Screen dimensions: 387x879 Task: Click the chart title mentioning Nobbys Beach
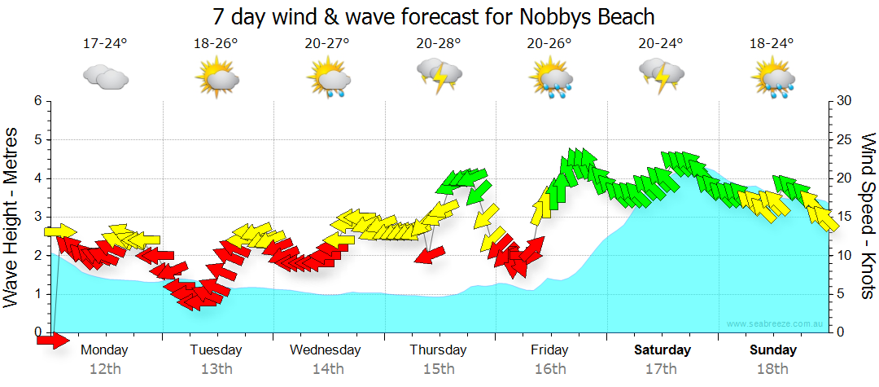click(x=434, y=16)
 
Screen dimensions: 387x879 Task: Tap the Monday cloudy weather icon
click(x=106, y=77)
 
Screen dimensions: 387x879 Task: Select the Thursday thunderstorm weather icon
click(x=439, y=76)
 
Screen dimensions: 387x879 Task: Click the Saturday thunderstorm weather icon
click(x=661, y=76)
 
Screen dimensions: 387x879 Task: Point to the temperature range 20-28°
click(x=438, y=43)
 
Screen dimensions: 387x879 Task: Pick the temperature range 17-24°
click(x=105, y=43)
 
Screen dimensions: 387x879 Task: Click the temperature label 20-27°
click(x=327, y=43)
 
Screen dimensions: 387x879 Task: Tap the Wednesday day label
click(x=326, y=350)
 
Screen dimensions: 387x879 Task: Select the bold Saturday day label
click(x=663, y=350)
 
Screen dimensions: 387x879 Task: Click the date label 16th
click(x=550, y=368)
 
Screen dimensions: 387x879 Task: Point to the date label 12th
click(x=105, y=368)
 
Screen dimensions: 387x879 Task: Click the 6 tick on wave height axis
click(x=37, y=101)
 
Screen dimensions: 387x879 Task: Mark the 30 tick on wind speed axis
click(x=844, y=101)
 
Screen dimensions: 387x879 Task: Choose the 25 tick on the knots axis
click(x=844, y=139)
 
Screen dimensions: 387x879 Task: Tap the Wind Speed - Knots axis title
click(x=868, y=216)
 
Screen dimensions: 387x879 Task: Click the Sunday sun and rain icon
click(x=774, y=77)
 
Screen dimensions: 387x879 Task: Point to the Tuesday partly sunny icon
click(x=216, y=77)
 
